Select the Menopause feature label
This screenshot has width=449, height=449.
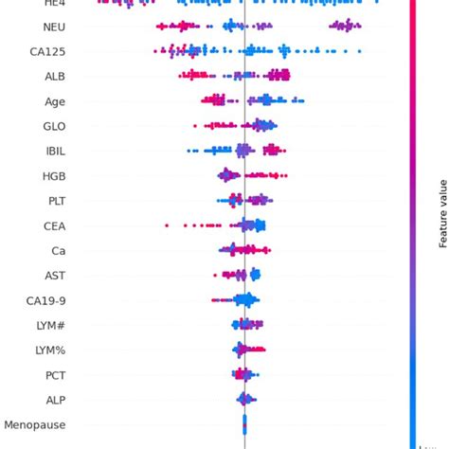(35, 425)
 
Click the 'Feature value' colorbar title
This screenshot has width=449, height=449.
(442, 213)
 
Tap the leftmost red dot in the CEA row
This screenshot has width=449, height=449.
(167, 225)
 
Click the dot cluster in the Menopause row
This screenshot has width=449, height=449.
(245, 425)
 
